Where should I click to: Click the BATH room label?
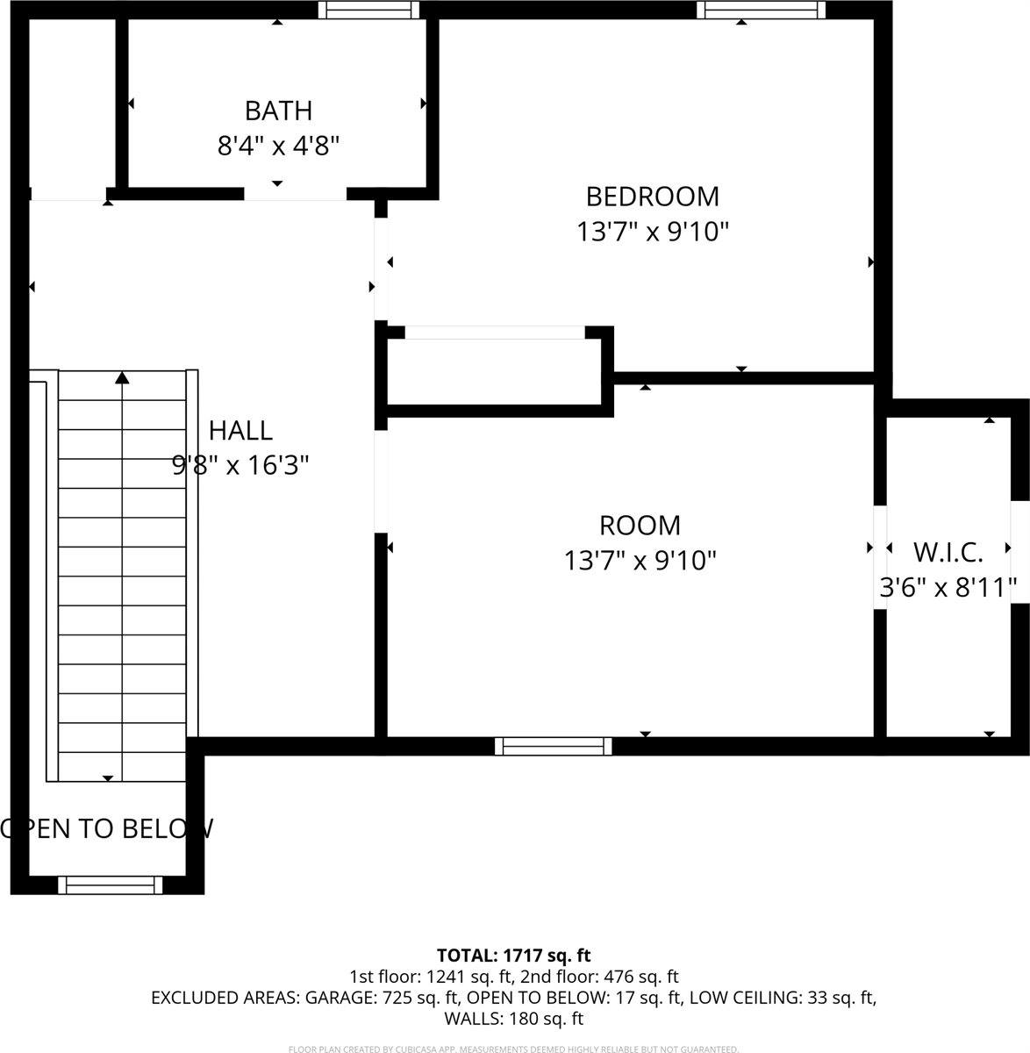[x=278, y=111]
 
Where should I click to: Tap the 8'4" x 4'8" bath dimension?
[x=278, y=146]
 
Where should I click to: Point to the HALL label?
[x=240, y=430]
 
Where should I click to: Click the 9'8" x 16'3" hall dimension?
[x=240, y=465]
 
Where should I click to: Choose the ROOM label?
[x=640, y=525]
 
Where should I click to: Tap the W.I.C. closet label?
[x=948, y=552]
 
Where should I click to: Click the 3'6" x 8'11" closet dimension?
[x=948, y=586]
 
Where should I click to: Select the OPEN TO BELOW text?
[x=107, y=828]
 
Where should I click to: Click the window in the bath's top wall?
[x=368, y=10]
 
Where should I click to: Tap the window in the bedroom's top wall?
[x=761, y=10]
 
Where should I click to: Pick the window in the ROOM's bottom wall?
[x=553, y=746]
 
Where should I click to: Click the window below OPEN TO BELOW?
[x=111, y=885]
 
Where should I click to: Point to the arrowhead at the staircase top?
[x=123, y=378]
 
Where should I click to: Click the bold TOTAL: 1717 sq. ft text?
[x=514, y=955]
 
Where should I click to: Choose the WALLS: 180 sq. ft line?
[x=514, y=1019]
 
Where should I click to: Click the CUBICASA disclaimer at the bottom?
[x=514, y=1049]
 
